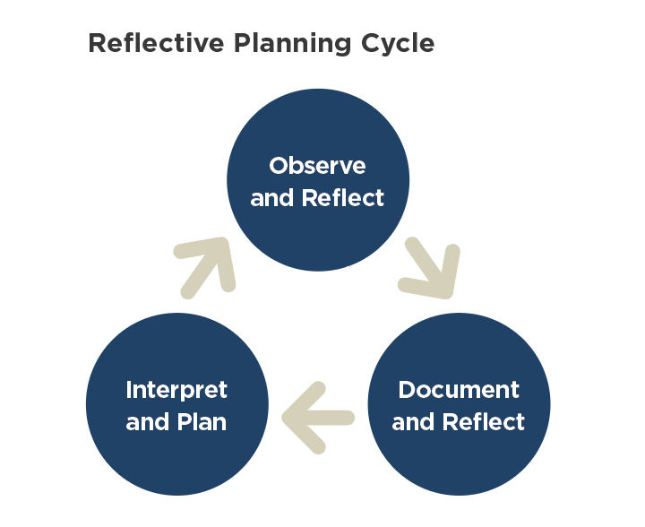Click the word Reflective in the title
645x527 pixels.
point(156,43)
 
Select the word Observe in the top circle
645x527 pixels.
point(317,166)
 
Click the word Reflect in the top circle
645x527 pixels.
point(342,197)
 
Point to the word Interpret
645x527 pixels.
point(176,390)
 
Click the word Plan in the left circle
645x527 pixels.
point(202,421)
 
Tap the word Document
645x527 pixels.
point(459,390)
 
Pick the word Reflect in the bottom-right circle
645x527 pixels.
point(484,421)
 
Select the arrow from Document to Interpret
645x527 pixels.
point(317,418)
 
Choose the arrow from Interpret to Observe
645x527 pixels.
point(204,268)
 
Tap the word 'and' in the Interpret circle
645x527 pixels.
point(147,421)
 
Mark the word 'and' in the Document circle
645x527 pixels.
point(413,421)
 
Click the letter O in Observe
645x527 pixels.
point(279,166)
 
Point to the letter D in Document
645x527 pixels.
point(408,390)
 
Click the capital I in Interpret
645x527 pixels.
point(129,390)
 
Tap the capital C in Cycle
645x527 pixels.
point(372,43)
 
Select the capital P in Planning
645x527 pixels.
point(243,43)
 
